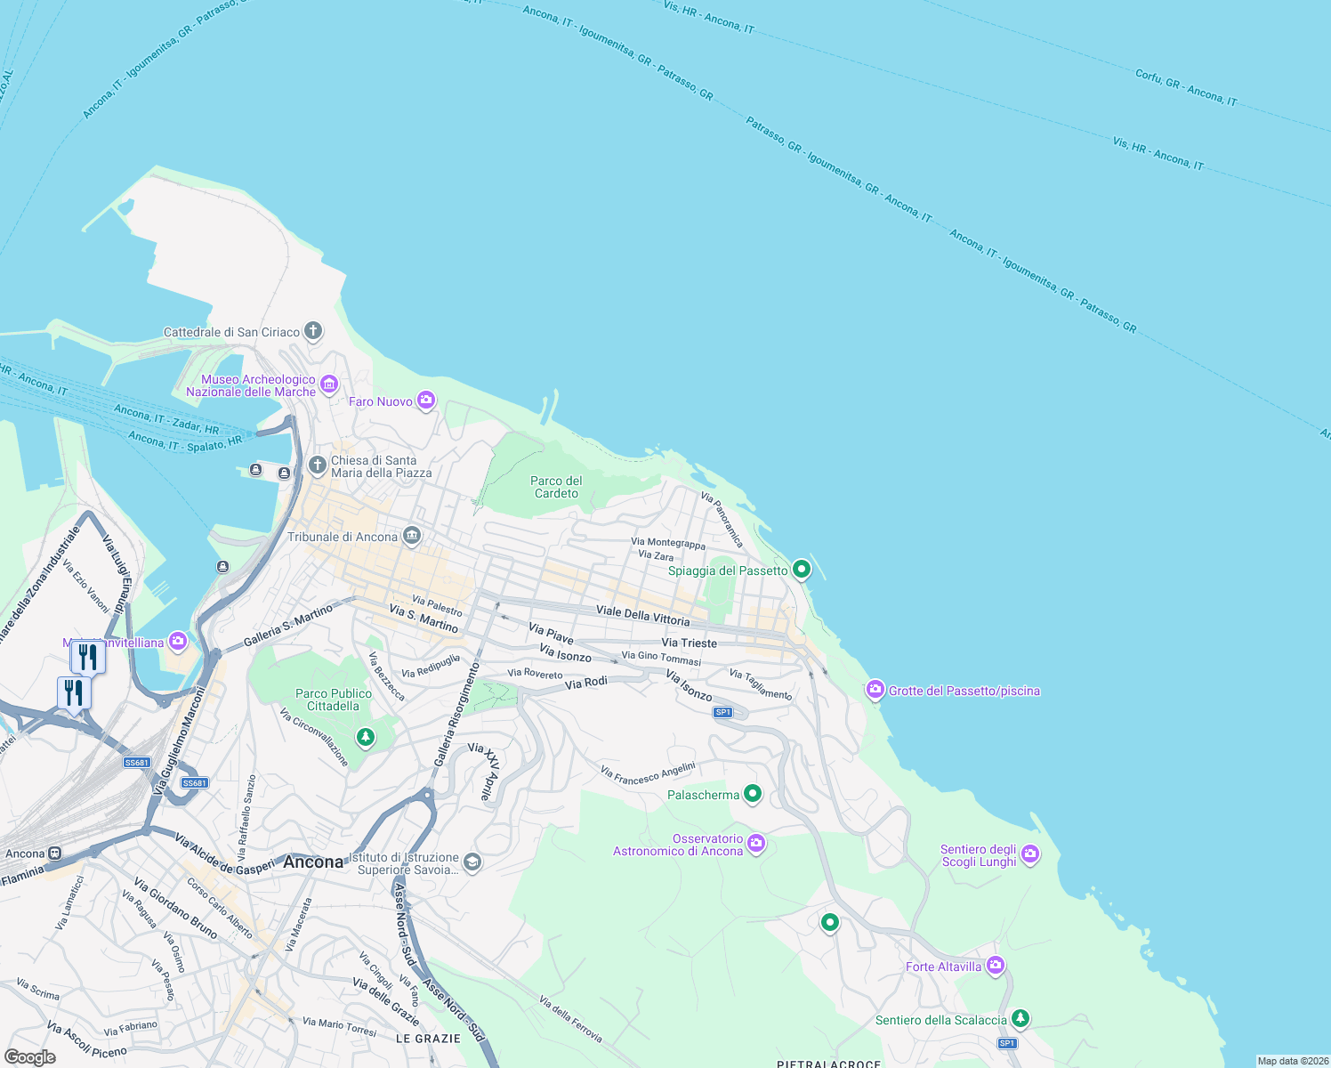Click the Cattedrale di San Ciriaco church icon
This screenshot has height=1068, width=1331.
[313, 332]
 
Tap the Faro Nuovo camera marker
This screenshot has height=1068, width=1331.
[427, 401]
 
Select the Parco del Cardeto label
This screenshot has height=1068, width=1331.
[556, 487]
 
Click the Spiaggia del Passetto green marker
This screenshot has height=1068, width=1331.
[802, 570]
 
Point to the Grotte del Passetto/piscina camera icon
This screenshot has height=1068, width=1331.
[875, 690]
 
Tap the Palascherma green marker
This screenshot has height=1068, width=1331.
[753, 794]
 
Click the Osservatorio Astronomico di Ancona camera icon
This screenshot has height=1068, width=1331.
[756, 844]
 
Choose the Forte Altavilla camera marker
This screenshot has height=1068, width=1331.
[996, 966]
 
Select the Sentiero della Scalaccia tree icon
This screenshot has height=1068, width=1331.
[1020, 1018]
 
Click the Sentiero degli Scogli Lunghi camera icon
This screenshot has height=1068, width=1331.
[1030, 854]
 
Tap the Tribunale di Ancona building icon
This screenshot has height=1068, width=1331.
[411, 536]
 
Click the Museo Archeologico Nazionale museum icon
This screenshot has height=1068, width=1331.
[329, 384]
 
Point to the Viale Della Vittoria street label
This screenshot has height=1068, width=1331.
[642, 615]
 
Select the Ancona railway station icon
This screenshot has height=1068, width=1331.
[55, 854]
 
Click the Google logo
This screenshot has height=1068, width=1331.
[30, 1056]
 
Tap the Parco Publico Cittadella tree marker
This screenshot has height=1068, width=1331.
[365, 737]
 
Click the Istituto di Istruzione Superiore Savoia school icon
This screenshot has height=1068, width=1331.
[472, 862]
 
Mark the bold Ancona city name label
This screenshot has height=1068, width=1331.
[313, 862]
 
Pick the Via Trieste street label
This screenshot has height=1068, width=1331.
[689, 643]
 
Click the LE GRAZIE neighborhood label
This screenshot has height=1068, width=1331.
[428, 1039]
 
